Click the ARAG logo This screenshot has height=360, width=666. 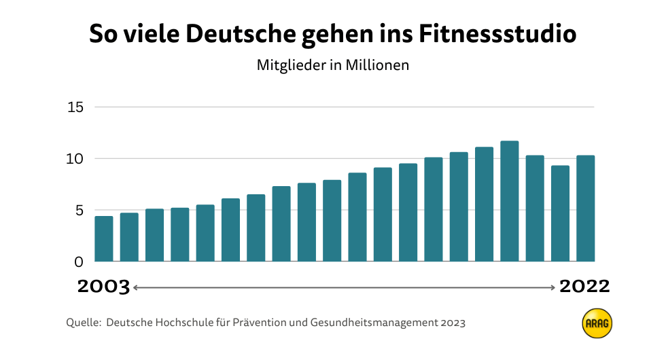click(x=597, y=324)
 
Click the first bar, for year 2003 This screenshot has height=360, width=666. click(x=104, y=238)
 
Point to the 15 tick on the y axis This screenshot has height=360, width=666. click(x=75, y=107)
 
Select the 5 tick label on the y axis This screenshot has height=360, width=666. click(x=78, y=210)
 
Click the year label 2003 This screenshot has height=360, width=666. click(x=103, y=287)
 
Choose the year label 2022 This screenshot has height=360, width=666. click(x=584, y=287)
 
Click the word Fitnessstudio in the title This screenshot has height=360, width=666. click(x=497, y=35)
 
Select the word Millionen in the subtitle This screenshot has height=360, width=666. click(x=378, y=66)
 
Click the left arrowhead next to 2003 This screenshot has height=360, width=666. click(x=135, y=287)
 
